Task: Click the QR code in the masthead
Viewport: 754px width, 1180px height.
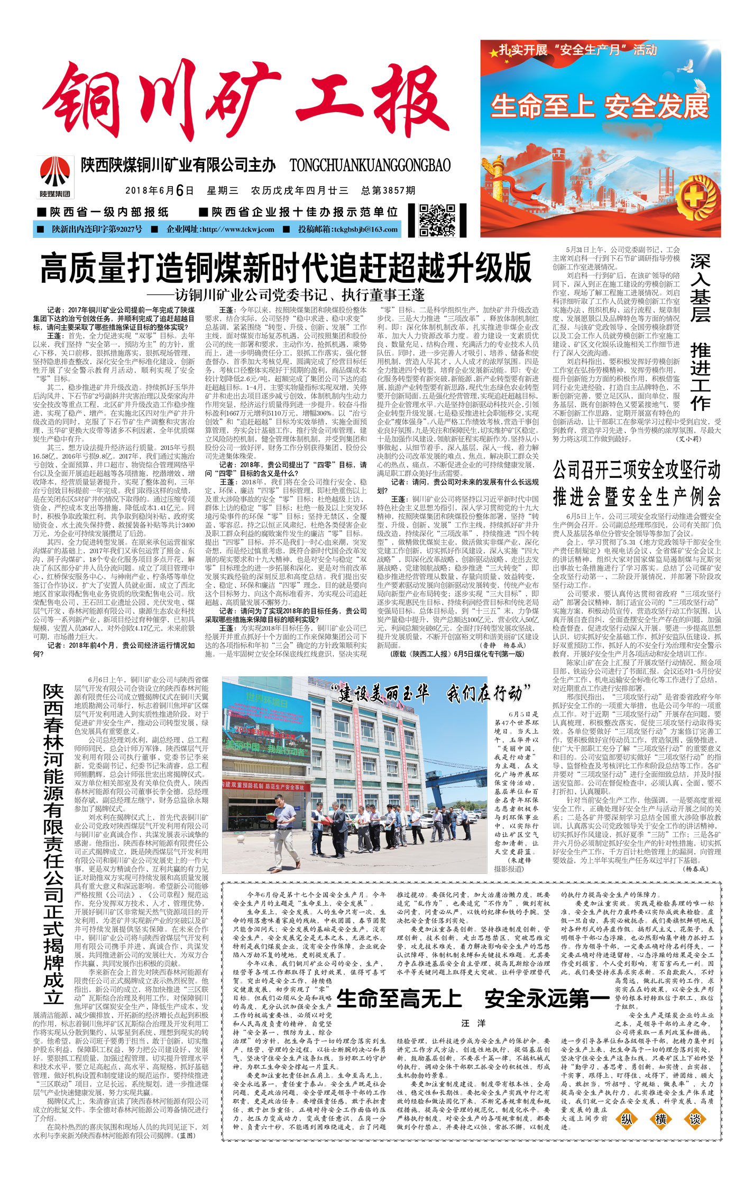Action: tap(437, 220)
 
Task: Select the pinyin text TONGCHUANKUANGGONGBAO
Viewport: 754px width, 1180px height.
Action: tap(370, 165)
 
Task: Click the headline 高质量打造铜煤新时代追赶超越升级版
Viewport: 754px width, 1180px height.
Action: tap(286, 269)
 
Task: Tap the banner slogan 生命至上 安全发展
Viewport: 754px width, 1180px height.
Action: tap(600, 107)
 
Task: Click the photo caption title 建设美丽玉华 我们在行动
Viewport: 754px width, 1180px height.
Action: tap(431, 693)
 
